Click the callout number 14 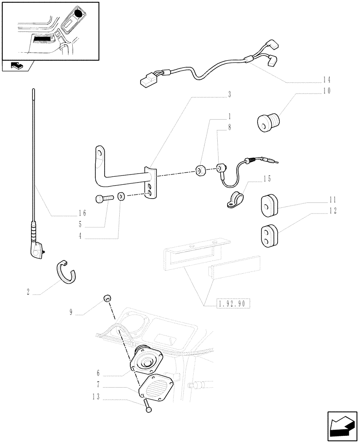[x=326, y=80]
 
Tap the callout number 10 [x=326, y=91]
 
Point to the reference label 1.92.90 [x=233, y=304]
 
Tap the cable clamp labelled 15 [x=232, y=199]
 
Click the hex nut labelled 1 [x=200, y=170]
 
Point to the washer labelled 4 [x=121, y=196]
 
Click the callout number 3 [x=230, y=94]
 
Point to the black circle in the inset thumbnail [x=78, y=14]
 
